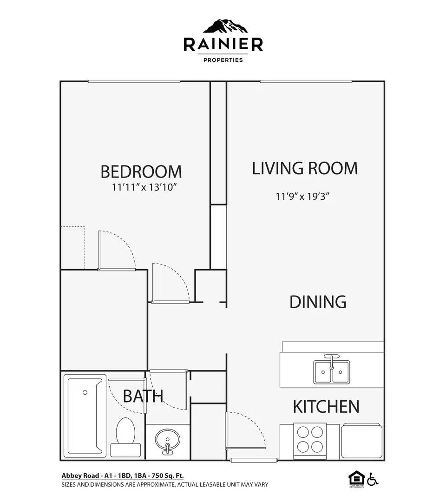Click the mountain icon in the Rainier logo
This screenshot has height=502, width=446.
(223, 26)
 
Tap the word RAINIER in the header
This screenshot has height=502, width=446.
(223, 45)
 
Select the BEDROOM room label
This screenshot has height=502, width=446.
(141, 172)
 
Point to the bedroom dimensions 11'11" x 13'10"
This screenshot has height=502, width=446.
(145, 188)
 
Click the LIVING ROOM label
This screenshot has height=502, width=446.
(305, 168)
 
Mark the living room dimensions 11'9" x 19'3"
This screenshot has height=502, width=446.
(302, 196)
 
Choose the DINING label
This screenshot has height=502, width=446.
(318, 302)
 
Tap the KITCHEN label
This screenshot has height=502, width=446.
(326, 407)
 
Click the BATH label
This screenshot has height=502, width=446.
(143, 396)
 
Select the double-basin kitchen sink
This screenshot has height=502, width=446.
(331, 370)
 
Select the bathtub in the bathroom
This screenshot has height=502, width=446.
(85, 415)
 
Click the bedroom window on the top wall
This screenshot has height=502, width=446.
(134, 82)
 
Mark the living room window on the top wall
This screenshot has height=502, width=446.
(306, 82)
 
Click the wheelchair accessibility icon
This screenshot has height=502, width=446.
(373, 479)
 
